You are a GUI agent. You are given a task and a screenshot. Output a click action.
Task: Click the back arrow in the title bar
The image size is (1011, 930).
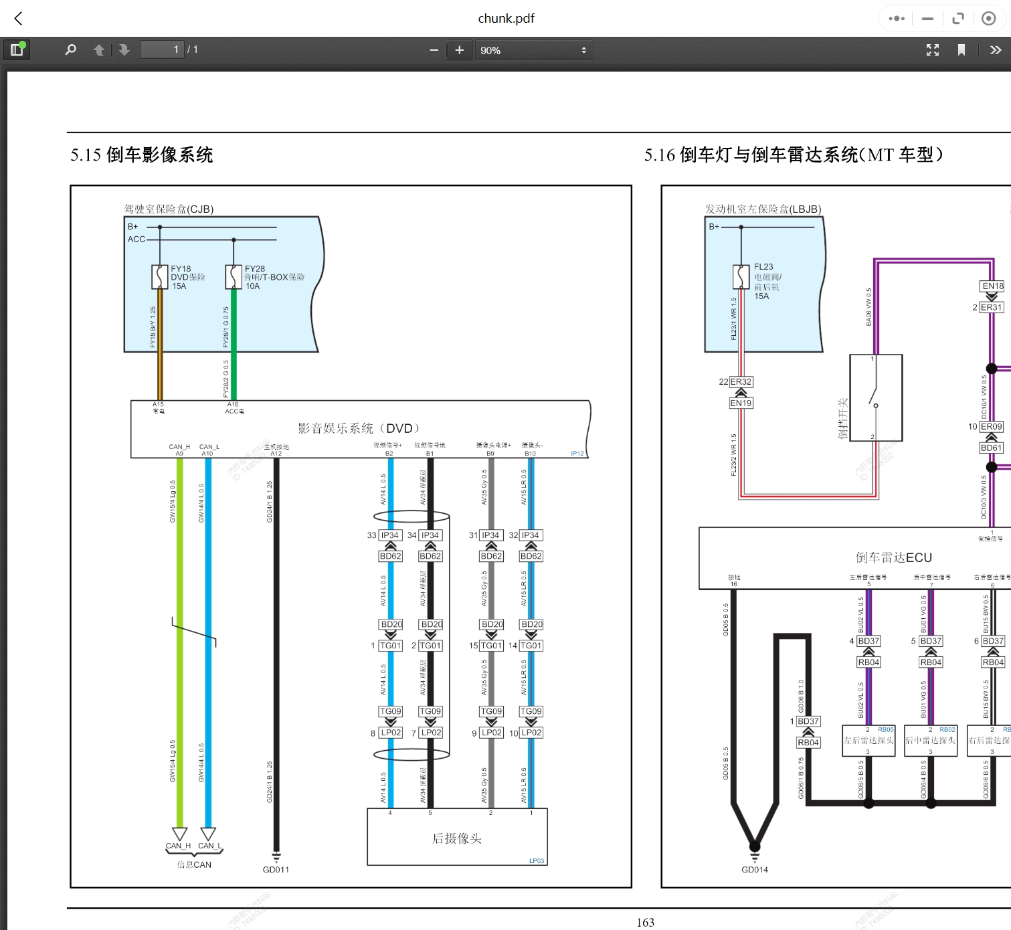pyautogui.click(x=19, y=19)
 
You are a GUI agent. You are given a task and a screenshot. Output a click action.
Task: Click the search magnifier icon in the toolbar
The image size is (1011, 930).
pyautogui.click(x=70, y=50)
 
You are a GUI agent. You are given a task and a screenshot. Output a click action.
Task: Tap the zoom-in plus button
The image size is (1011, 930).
pyautogui.click(x=459, y=50)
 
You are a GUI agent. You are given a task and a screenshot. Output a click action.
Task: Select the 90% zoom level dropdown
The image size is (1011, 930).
pyautogui.click(x=532, y=50)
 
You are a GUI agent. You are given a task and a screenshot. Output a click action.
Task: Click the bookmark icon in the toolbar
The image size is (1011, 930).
pyautogui.click(x=961, y=50)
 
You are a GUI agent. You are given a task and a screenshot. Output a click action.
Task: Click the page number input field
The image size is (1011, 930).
pyautogui.click(x=162, y=50)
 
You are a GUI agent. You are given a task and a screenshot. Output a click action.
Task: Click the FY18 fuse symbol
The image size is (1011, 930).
pyautogui.click(x=160, y=276)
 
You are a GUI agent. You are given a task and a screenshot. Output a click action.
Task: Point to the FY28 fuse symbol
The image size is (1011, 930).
pyautogui.click(x=234, y=276)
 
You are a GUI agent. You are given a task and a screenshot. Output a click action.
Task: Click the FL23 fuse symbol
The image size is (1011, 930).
pyautogui.click(x=741, y=276)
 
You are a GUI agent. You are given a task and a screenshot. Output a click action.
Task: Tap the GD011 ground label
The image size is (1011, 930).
pyautogui.click(x=276, y=870)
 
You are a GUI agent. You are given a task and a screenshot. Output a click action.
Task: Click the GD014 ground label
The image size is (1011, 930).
pyautogui.click(x=755, y=870)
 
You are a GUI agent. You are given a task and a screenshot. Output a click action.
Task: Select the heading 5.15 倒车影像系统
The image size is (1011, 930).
pyautogui.click(x=142, y=155)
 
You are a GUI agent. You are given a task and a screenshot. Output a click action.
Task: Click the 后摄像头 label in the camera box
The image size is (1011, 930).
pyautogui.click(x=457, y=838)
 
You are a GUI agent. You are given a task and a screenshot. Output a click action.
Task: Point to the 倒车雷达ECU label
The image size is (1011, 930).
pyautogui.click(x=893, y=557)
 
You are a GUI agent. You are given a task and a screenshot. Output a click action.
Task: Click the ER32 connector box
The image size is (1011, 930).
pyautogui.click(x=741, y=382)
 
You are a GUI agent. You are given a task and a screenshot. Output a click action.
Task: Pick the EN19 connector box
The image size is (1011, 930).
pyautogui.click(x=741, y=403)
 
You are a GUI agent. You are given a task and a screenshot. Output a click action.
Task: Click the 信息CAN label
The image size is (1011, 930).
pyautogui.click(x=194, y=864)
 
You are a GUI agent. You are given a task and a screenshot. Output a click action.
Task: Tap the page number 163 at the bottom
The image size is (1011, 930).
pyautogui.click(x=645, y=922)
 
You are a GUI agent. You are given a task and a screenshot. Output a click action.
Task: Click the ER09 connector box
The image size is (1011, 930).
pyautogui.click(x=992, y=427)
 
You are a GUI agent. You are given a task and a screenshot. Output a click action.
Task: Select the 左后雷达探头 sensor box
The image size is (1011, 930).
pyautogui.click(x=868, y=741)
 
